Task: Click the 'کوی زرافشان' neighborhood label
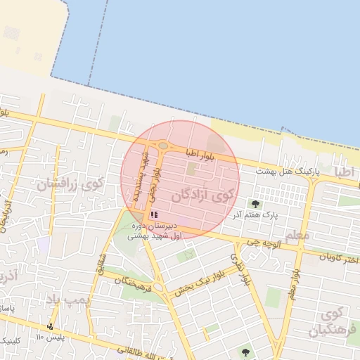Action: click(71, 186)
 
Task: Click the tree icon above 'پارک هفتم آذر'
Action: click(255, 204)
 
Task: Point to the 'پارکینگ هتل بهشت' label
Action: click(287, 171)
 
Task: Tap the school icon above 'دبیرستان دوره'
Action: click(154, 214)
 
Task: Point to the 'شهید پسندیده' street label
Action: click(141, 176)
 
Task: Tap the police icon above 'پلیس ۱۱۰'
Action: click(49, 326)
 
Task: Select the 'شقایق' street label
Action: click(102, 262)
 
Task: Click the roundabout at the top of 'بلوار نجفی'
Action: click(163, 146)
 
